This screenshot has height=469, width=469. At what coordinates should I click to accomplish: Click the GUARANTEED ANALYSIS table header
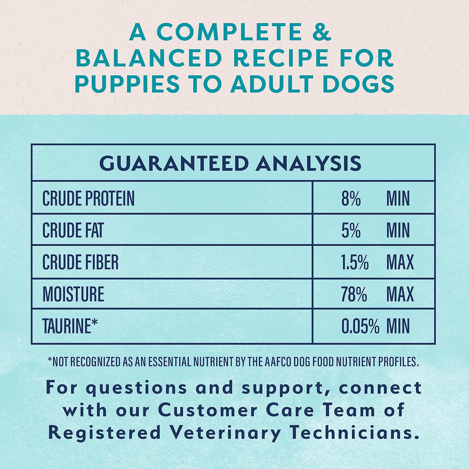230,163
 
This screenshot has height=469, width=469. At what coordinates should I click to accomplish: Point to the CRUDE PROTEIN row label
88,198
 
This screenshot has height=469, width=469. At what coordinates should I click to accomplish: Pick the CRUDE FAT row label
73,230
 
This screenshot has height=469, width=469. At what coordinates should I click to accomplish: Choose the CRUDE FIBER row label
81,262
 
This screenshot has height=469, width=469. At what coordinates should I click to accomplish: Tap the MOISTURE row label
73,294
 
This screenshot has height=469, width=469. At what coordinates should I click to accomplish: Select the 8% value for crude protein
351,198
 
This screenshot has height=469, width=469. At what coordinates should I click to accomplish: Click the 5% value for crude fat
351,230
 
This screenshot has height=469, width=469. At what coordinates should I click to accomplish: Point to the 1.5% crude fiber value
355,262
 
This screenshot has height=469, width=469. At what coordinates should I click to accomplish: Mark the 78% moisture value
354,294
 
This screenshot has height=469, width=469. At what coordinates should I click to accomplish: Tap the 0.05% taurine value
360,326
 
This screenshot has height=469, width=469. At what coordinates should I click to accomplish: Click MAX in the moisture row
400,294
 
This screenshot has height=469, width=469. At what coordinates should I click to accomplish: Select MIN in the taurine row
398,326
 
